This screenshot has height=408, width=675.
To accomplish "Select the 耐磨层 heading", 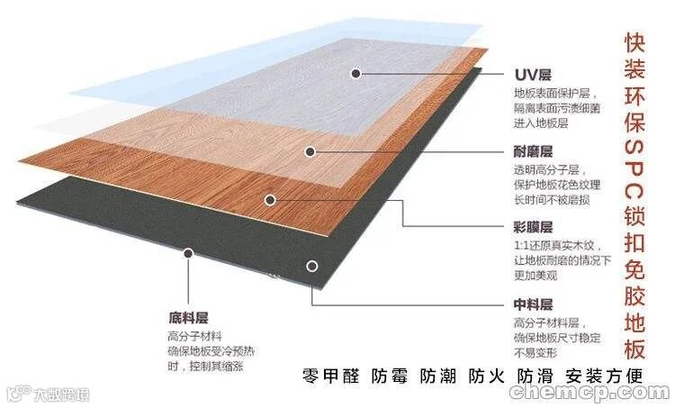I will click(x=534, y=151).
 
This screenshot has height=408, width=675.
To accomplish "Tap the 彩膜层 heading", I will click(x=534, y=227).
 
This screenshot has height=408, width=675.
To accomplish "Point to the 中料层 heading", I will click(x=534, y=304).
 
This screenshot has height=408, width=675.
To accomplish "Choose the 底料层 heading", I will click(x=187, y=318).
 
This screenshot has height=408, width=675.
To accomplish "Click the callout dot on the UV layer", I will click(x=357, y=74).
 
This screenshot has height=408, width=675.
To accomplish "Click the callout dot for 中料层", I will click(x=311, y=266).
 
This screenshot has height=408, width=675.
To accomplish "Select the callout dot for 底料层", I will click(x=187, y=253).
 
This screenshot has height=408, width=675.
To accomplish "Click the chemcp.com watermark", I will click(x=589, y=393).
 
